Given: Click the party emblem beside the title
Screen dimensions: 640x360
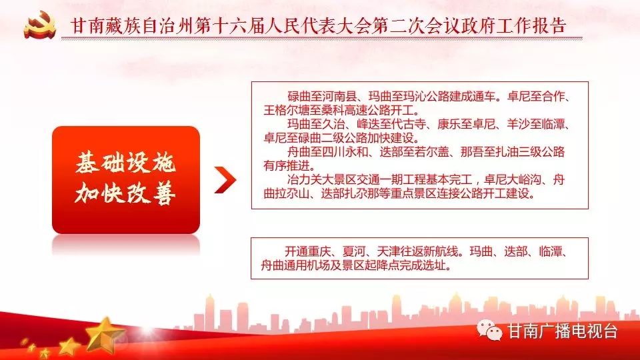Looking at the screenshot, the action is click(39, 25).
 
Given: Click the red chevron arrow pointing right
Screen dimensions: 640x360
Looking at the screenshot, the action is click(225, 179).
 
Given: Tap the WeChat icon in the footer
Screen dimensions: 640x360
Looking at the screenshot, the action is click(489, 330).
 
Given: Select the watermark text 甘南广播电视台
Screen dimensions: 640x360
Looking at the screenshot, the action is click(562, 331).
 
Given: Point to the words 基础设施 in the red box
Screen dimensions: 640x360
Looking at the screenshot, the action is click(126, 163).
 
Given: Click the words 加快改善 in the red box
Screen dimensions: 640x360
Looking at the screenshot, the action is click(126, 193).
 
